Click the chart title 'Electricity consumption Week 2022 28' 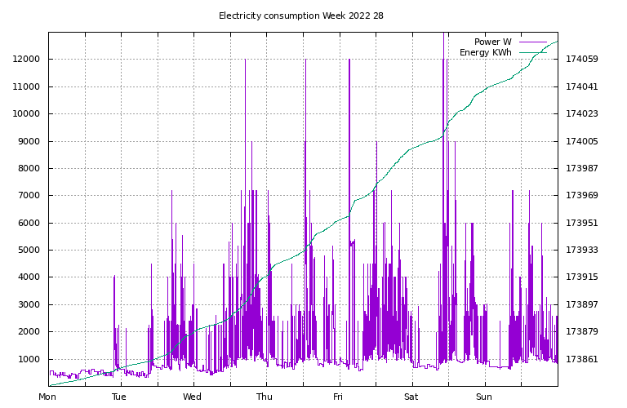click(301, 16)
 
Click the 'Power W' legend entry click(492, 42)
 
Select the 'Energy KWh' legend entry click(485, 52)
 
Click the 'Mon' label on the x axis click(48, 397)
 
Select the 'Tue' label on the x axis click(119, 397)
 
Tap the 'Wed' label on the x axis click(193, 397)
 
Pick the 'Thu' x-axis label click(265, 397)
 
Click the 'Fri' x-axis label click(338, 397)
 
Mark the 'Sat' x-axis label click(411, 397)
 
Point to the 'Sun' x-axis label click(484, 397)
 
